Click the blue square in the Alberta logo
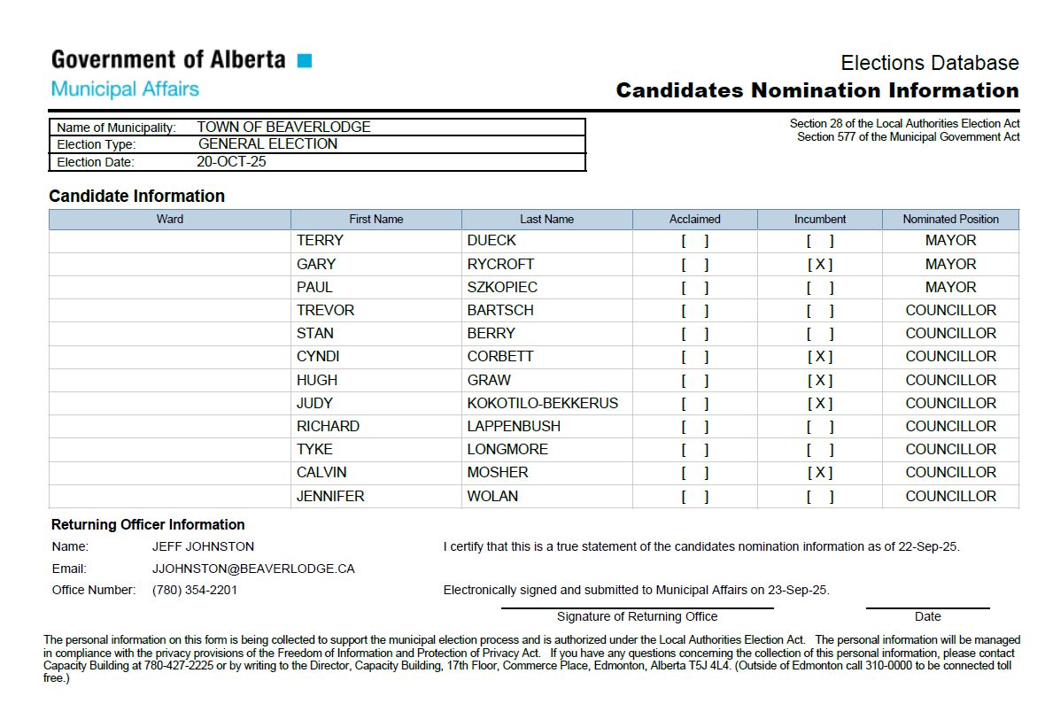coord(304,60)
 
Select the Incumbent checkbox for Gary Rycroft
coord(819,264)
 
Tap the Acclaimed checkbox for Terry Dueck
coord(694,241)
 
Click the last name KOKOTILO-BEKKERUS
coord(542,403)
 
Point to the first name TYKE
coord(314,449)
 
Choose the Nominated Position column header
coord(950,219)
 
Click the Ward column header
coord(169,219)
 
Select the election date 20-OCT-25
coord(231,162)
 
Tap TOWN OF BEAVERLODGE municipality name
coord(283,127)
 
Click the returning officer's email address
coord(253,569)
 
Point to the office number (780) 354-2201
coord(195,590)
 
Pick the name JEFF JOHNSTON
coord(203,546)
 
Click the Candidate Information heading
coord(137,196)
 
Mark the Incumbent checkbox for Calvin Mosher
coord(819,473)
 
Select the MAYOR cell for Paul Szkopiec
coord(950,287)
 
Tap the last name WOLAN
coord(492,496)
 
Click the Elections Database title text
coord(929,63)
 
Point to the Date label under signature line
coord(927,616)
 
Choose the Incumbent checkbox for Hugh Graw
coord(819,380)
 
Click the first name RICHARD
coord(328,426)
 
